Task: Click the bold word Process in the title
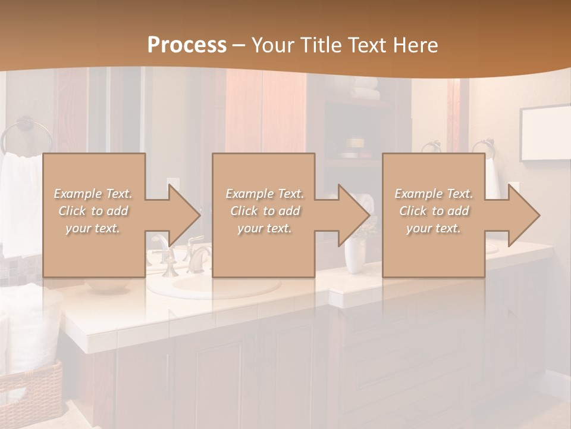pyautogui.click(x=187, y=45)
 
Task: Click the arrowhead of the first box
pyautogui.click(x=184, y=215)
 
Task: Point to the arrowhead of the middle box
pyautogui.click(x=354, y=215)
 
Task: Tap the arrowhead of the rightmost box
pyautogui.click(x=523, y=215)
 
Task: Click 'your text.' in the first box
pyautogui.click(x=92, y=228)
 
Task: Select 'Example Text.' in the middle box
pyautogui.click(x=264, y=194)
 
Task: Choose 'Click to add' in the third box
pyautogui.click(x=434, y=211)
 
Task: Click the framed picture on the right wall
pyautogui.click(x=545, y=134)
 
